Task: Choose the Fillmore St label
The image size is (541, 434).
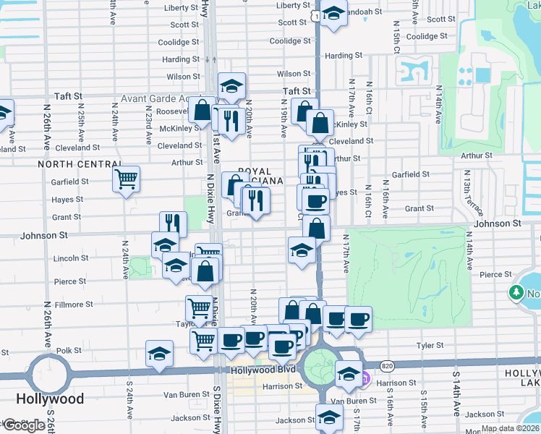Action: pyautogui.click(x=69, y=305)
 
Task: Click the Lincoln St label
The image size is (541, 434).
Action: pyautogui.click(x=71, y=258)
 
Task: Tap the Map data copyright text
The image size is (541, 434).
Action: pyautogui.click(x=510, y=428)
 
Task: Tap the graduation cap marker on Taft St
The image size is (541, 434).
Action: pyautogui.click(x=231, y=88)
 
